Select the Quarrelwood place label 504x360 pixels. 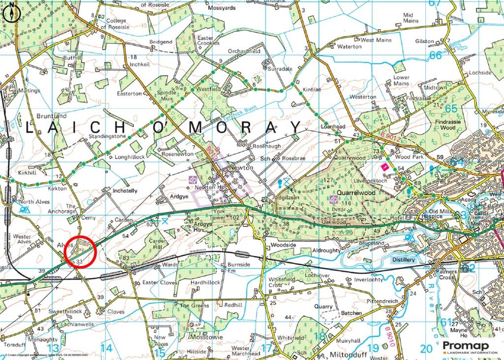[x=356, y=193]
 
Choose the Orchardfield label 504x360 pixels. [x=244, y=51]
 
